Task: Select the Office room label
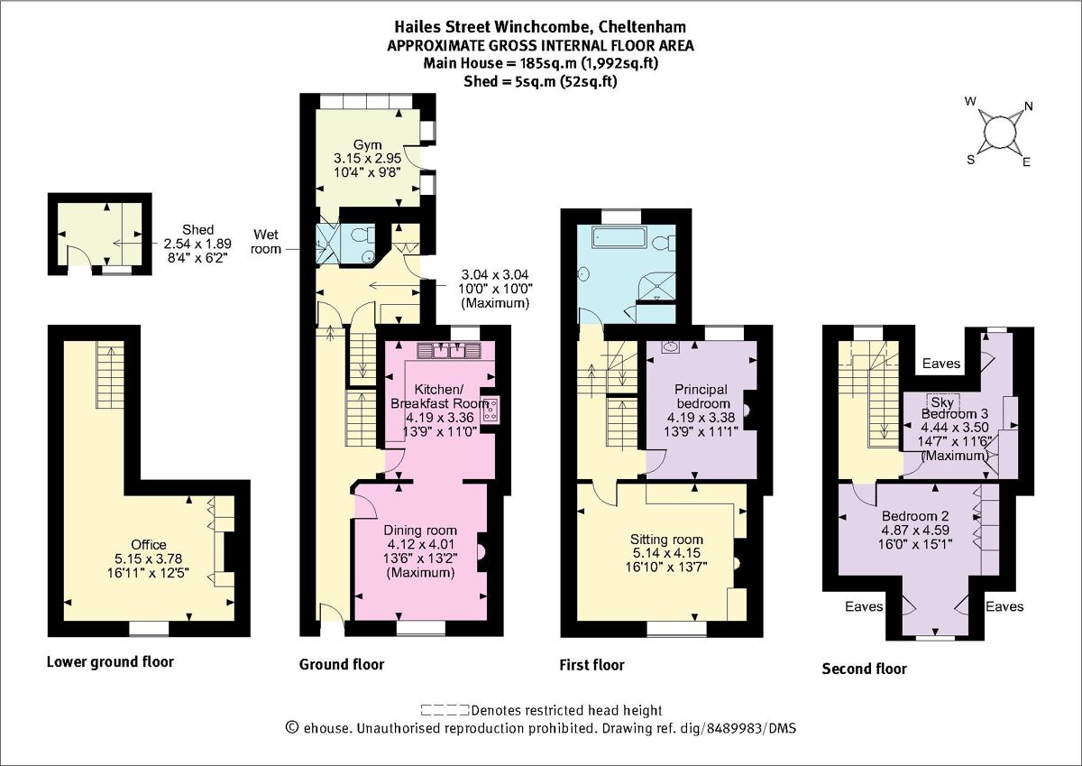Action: coord(149,545)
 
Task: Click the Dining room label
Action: coord(420,530)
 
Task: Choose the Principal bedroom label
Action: coord(701,396)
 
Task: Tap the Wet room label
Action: coord(269,240)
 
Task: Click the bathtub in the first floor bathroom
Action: coord(619,238)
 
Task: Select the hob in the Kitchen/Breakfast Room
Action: coord(491,410)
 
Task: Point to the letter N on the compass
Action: coord(1029,106)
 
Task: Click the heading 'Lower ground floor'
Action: coord(110,662)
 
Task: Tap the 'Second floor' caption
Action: coord(864,669)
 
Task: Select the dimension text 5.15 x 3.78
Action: coord(149,560)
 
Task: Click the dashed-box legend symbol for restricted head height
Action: coord(445,710)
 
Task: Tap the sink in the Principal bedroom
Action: coord(670,346)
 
